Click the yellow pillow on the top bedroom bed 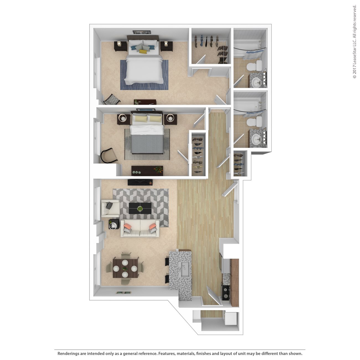pos(143,51)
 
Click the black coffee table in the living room pos(140,208)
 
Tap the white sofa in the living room pos(140,229)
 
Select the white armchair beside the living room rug pos(110,208)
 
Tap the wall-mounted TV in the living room pos(140,182)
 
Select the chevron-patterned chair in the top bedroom pos(112,100)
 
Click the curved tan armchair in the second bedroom pos(108,156)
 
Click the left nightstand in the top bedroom pos(121,46)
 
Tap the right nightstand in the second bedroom pos(170,119)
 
